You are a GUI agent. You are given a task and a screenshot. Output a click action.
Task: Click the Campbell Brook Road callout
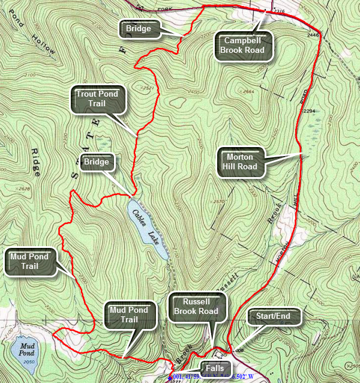click(x=244, y=45)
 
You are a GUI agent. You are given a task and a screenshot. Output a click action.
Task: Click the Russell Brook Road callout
click(x=193, y=306)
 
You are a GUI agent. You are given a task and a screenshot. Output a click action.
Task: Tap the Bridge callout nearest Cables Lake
click(x=97, y=163)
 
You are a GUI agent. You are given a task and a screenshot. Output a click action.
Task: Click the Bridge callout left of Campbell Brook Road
click(x=138, y=28)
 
